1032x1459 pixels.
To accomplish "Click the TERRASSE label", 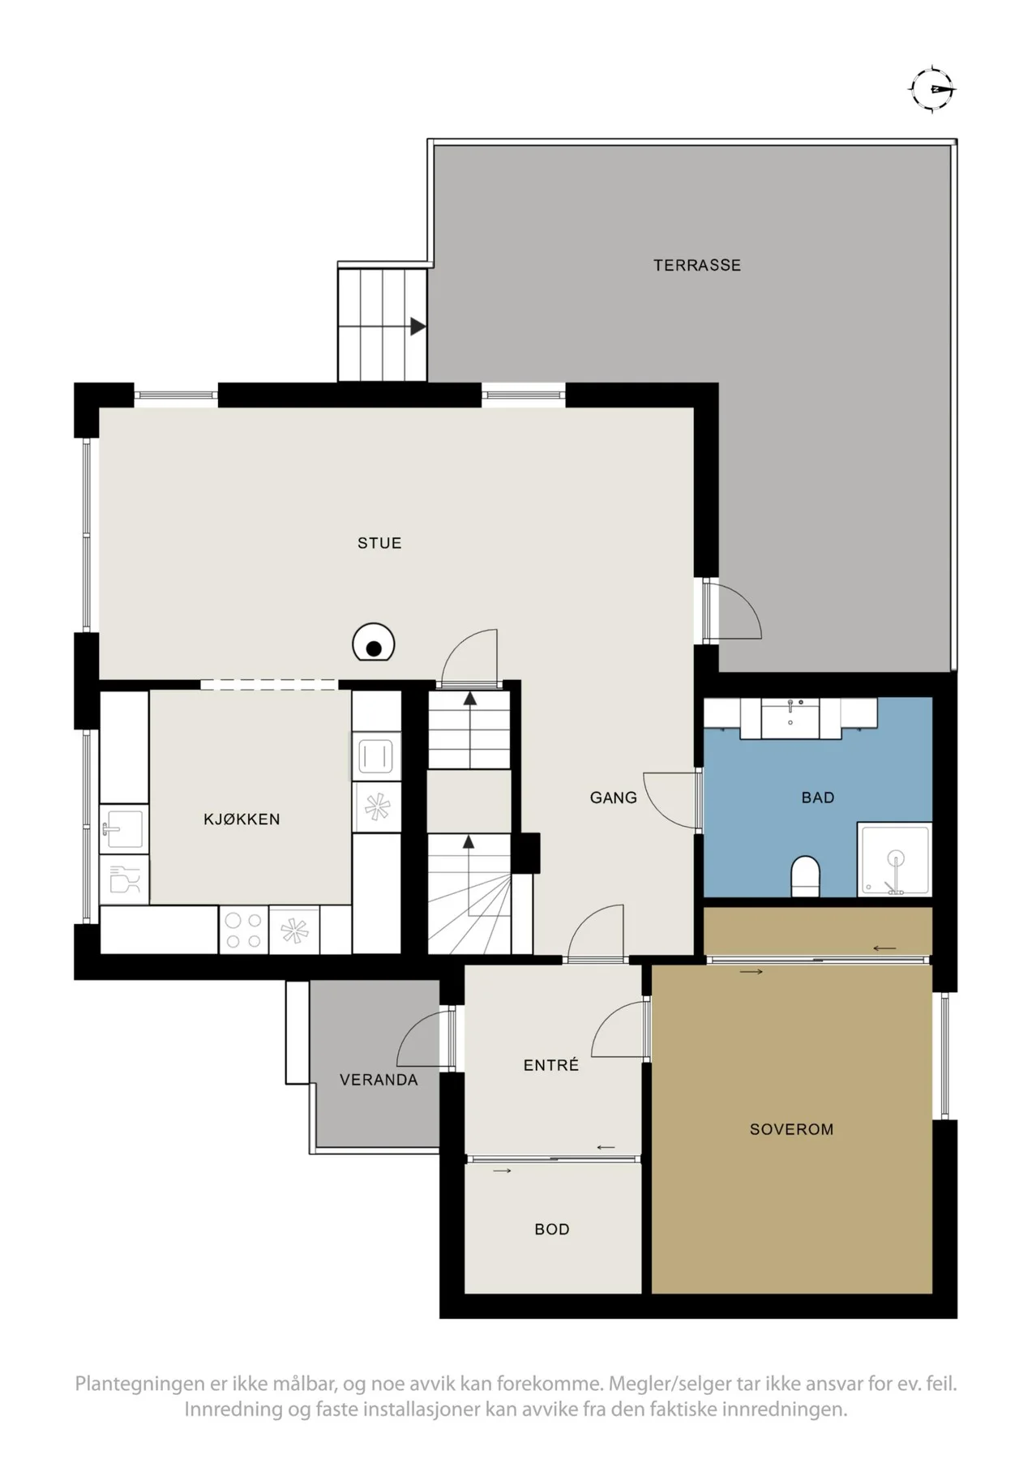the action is click(x=697, y=265).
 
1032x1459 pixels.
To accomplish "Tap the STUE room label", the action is click(x=379, y=543).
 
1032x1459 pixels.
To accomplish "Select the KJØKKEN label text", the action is click(x=242, y=819).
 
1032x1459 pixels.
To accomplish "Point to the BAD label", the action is click(x=818, y=798).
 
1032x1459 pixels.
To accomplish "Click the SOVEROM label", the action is click(x=791, y=1129).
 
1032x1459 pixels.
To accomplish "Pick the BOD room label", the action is click(x=552, y=1229).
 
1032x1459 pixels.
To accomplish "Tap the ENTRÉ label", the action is click(x=551, y=1064).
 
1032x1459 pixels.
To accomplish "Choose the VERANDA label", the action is click(x=379, y=1080).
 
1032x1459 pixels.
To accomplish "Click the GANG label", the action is click(x=614, y=798).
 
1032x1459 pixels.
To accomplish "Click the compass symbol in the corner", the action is click(x=932, y=88).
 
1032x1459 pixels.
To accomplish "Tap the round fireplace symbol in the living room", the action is click(x=374, y=644).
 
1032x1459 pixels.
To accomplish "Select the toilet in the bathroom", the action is click(x=805, y=876).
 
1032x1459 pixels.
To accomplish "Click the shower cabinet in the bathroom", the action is click(x=895, y=859).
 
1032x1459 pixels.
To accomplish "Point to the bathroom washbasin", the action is click(x=790, y=718).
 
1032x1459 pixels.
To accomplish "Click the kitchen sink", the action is click(x=124, y=828).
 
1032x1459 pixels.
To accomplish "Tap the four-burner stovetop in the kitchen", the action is click(x=244, y=930).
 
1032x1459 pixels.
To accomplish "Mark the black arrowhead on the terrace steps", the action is click(x=418, y=327).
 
